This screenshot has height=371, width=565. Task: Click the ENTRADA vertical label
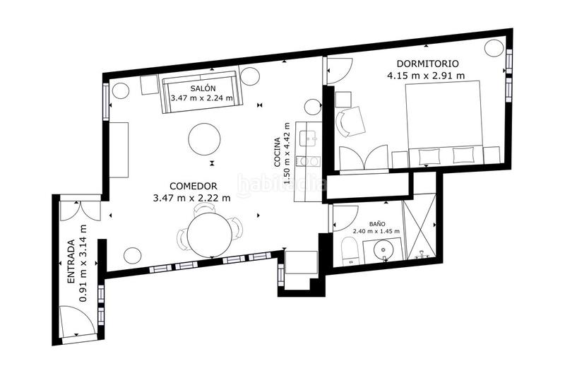tap(71, 262)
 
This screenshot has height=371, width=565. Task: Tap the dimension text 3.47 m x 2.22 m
tap(191, 198)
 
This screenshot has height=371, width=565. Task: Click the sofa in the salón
tap(202, 90)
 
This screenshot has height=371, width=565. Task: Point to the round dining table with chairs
tap(209, 235)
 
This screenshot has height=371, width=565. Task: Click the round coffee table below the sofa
tap(205, 139)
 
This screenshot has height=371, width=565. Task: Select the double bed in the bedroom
tap(443, 120)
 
